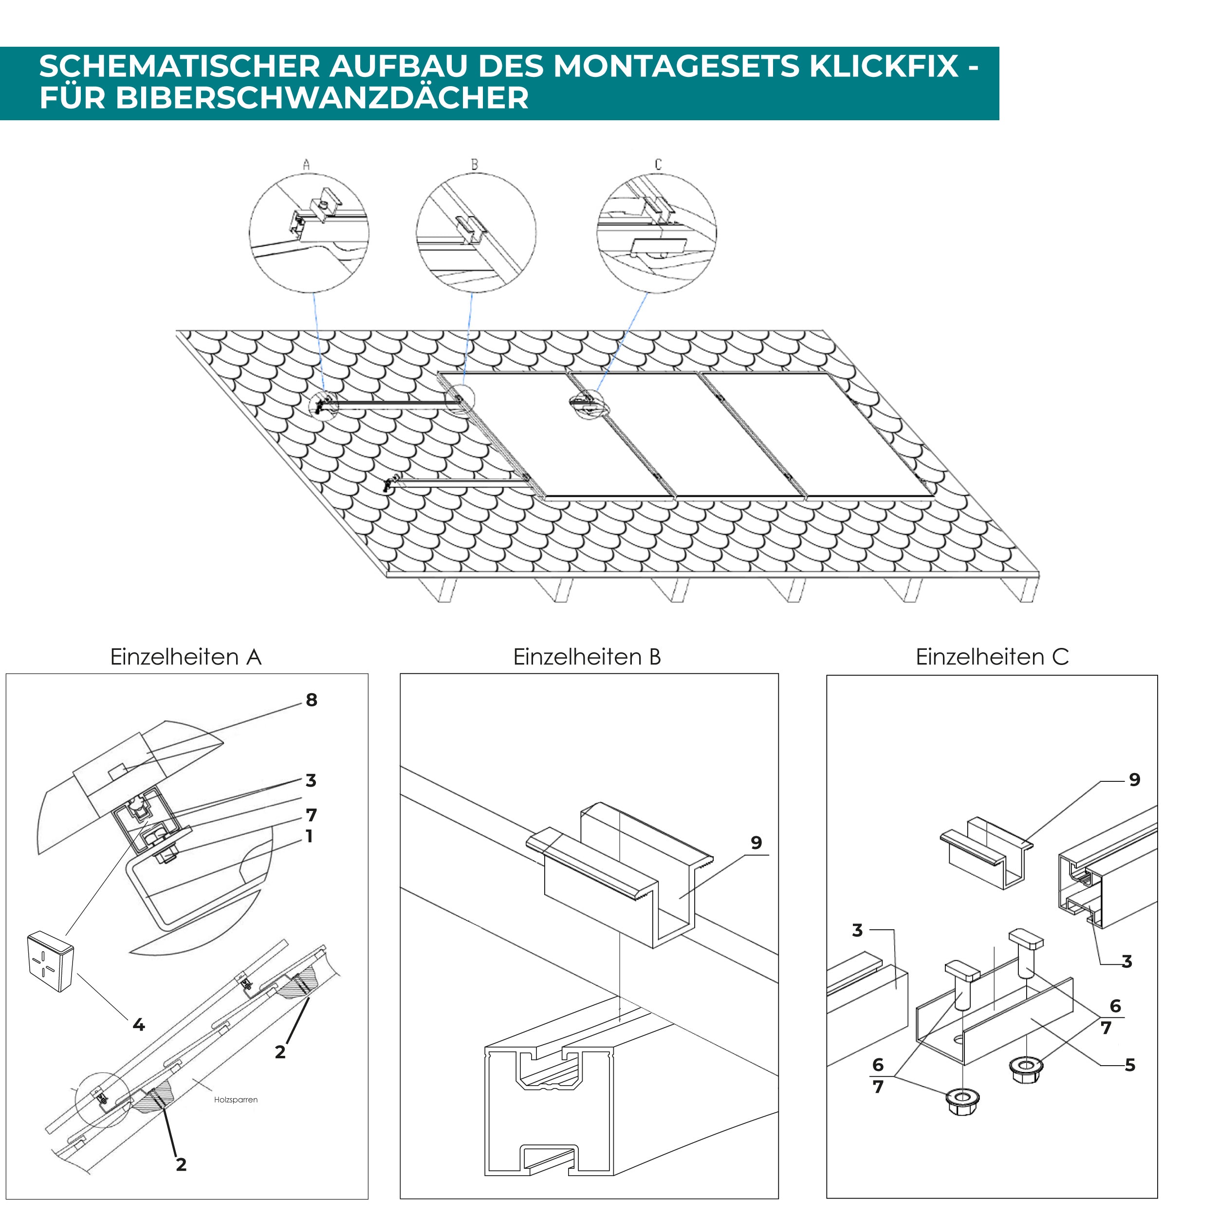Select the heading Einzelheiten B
[x=587, y=657]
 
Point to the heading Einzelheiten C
[x=992, y=657]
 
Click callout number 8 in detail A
[x=311, y=700]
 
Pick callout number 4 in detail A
[x=139, y=1025]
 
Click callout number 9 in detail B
[x=756, y=843]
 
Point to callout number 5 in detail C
[x=1129, y=1065]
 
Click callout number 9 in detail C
[x=1134, y=780]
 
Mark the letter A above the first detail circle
[x=306, y=165]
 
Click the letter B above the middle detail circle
[x=474, y=165]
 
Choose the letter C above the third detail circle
[x=658, y=165]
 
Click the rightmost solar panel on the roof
[x=816, y=435]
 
